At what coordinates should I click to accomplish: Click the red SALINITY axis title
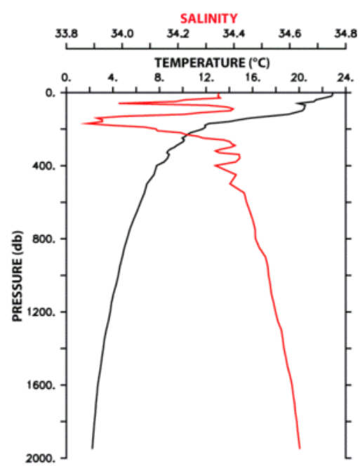208,18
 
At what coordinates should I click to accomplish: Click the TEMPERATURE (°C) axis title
212,62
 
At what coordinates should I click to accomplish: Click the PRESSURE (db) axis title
18,276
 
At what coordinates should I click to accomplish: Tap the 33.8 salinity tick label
66,34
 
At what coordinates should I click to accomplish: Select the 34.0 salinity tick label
122,34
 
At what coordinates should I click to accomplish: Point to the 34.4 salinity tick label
234,34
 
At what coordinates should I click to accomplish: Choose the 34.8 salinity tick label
346,34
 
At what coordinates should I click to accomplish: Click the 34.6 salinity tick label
290,34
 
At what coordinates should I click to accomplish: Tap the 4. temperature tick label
112,78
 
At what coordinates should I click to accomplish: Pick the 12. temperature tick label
206,78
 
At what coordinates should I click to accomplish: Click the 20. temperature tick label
298,78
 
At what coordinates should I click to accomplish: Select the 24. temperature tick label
345,78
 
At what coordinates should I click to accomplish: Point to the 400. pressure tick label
44,166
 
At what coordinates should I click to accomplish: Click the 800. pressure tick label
44,239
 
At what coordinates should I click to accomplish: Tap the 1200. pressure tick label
41,312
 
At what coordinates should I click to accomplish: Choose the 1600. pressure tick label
41,385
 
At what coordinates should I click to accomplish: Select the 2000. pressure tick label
41,459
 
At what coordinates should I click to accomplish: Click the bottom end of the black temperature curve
92,448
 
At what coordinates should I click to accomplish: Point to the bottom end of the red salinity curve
300,448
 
